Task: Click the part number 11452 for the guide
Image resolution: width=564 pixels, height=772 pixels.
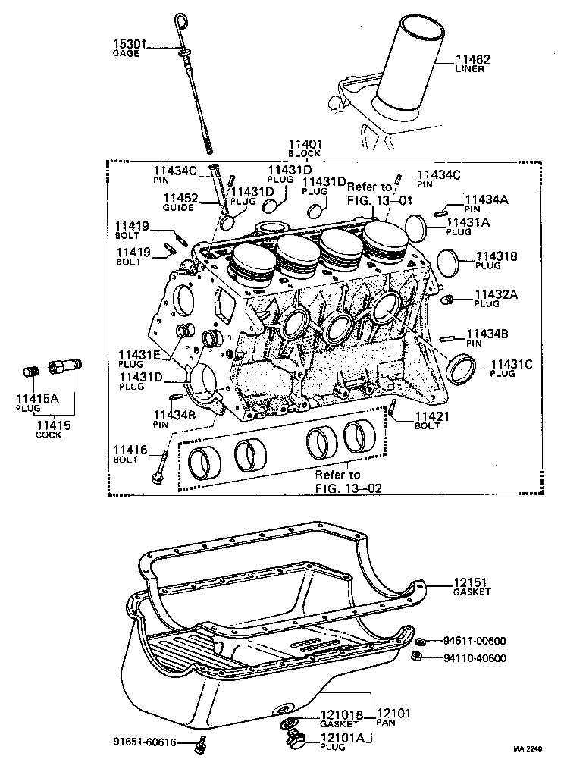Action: coord(180,198)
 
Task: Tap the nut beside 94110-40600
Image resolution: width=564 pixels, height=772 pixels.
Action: coord(416,657)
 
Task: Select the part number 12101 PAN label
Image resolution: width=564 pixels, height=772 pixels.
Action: coord(393,713)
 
